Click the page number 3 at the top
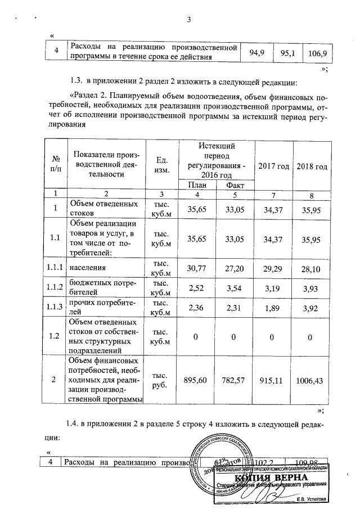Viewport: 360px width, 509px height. [189, 21]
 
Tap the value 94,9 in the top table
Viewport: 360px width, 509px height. [256, 53]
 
